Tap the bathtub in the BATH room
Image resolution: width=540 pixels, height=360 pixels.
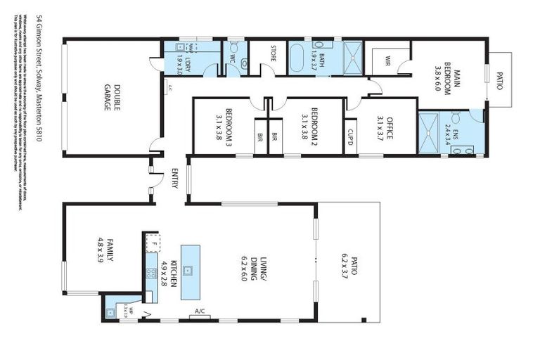click(x=299, y=59)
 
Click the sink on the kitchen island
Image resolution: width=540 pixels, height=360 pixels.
click(x=188, y=270)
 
